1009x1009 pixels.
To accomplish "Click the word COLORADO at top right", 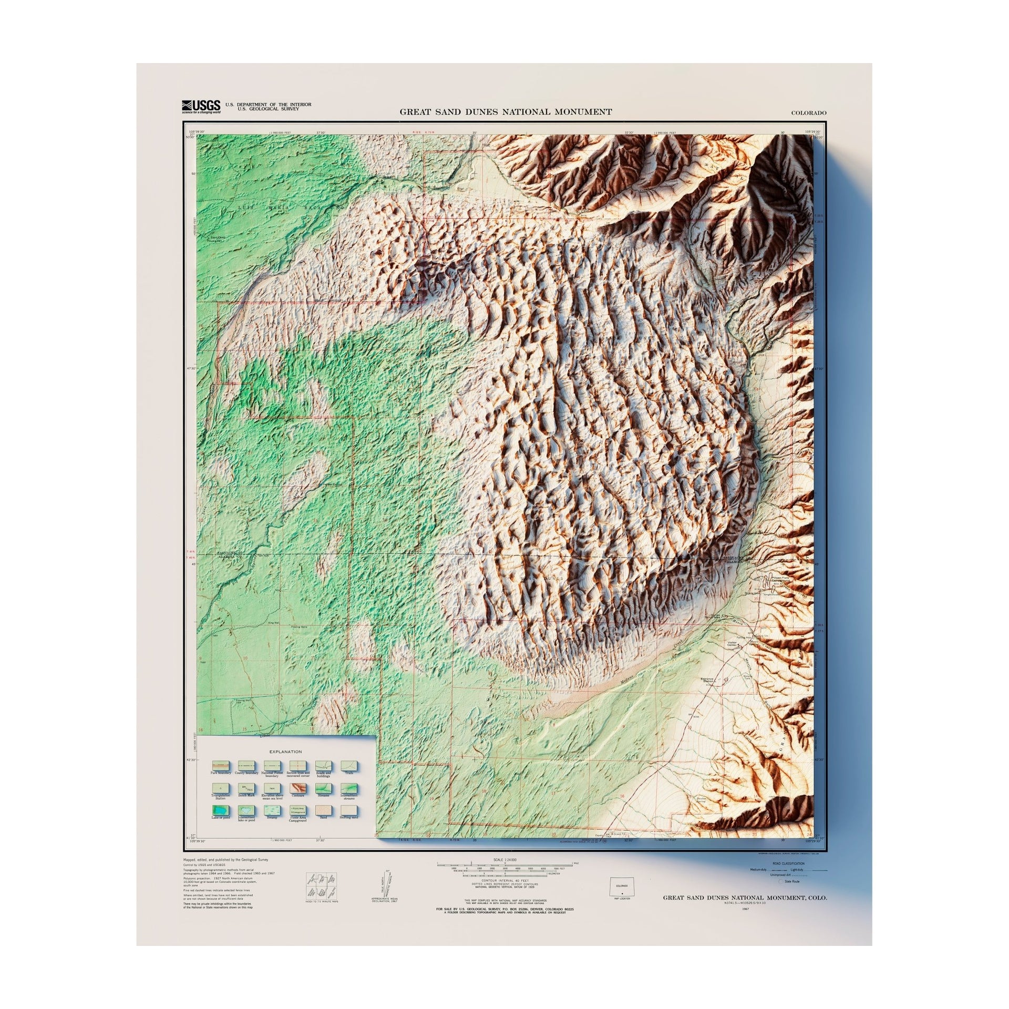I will [809, 113].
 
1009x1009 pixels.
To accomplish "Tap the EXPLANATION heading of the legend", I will [286, 752].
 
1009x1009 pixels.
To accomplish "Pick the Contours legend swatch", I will [297, 788].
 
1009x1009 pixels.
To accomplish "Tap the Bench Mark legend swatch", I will [245, 788].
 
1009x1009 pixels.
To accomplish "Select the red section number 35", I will [756, 598].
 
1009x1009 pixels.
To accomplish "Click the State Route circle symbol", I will [781, 881].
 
